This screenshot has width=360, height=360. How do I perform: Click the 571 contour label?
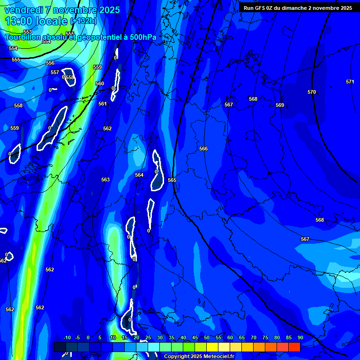point(350,82)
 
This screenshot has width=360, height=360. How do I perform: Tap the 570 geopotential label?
point(312,92)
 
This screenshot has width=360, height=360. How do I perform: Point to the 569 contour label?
point(280,105)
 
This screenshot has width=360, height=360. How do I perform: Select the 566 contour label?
point(203,149)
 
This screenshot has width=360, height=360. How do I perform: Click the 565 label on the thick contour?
point(172,180)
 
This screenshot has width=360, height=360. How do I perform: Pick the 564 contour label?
point(139,175)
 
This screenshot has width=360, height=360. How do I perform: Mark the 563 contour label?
point(105,180)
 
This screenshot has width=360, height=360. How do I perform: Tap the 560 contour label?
point(100,84)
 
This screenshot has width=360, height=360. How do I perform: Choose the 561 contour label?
point(103,104)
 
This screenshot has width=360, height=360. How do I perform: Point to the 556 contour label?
point(50,63)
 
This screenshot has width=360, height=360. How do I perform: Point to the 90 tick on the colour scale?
point(300,338)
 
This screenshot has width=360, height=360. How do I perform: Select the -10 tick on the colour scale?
point(67,338)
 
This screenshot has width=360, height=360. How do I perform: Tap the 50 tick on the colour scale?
point(207,338)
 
